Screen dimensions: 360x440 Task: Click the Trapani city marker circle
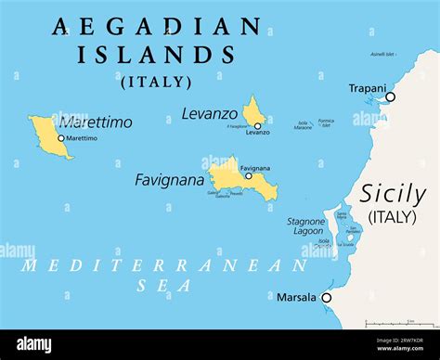tap(390, 96)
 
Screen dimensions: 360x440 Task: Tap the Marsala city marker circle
tap(326, 298)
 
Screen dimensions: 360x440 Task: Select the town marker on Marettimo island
tap(61, 138)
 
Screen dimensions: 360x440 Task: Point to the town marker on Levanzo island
tap(257, 125)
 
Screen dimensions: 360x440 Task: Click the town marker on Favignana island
tap(248, 175)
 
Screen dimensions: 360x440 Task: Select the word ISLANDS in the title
tap(156, 55)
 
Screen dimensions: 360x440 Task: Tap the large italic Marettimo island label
tap(96, 122)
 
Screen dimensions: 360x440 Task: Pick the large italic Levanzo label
tap(209, 113)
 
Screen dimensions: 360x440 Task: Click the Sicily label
tap(393, 195)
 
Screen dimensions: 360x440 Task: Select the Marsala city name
tap(296, 298)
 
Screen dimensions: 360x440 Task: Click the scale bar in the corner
tap(400, 325)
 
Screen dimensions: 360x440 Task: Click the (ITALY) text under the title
tap(156, 82)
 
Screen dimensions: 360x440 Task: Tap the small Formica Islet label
tap(326, 123)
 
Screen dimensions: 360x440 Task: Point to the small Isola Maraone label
tap(303, 125)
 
